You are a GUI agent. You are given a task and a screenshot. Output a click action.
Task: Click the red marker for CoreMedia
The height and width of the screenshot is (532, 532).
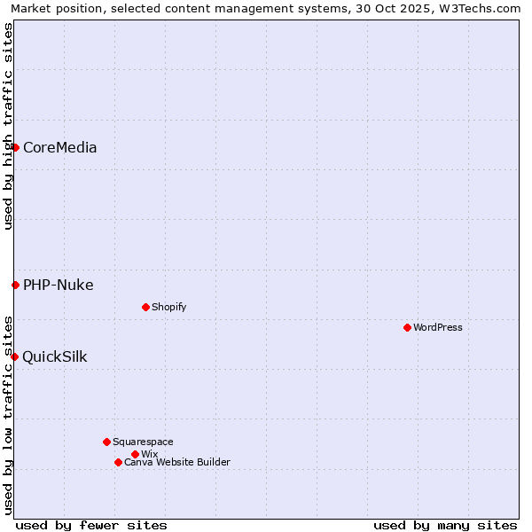point(15,147)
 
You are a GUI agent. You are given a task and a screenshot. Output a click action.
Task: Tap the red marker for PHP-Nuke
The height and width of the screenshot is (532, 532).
point(15,285)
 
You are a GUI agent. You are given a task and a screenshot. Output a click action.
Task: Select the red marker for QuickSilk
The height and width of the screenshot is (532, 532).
point(14,356)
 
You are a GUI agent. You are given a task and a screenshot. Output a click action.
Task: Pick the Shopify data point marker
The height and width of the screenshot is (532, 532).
point(145,307)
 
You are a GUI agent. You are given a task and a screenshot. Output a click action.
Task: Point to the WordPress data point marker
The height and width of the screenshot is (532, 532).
point(407,327)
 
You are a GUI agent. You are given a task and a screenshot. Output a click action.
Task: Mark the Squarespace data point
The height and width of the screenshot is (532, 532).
point(106,442)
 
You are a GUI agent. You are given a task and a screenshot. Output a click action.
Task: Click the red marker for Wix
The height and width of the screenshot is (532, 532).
point(135,454)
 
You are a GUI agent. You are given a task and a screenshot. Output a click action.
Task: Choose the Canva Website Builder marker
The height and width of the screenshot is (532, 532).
point(118,462)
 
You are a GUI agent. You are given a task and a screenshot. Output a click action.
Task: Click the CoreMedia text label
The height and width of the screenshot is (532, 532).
point(59,148)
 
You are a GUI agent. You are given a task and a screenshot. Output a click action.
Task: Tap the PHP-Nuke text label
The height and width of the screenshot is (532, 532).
point(58,286)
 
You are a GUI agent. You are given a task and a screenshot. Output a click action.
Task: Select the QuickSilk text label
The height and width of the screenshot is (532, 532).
point(54,357)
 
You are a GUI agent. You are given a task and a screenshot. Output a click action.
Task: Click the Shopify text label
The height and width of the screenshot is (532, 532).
point(168,308)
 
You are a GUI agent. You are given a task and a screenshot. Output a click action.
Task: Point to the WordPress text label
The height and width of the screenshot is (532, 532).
point(438,328)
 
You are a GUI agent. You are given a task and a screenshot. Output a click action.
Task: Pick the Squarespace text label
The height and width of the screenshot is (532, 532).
point(143,442)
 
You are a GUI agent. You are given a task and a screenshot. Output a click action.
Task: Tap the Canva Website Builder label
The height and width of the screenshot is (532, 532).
point(177,463)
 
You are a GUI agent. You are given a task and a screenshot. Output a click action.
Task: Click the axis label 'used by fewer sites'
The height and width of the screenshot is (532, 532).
point(91,525)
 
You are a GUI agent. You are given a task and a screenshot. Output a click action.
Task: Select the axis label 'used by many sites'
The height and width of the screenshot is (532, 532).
point(445,525)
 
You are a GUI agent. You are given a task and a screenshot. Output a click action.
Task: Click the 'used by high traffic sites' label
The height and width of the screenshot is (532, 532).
point(8,126)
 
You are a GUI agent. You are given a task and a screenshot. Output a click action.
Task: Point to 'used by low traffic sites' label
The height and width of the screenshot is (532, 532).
point(8,415)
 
